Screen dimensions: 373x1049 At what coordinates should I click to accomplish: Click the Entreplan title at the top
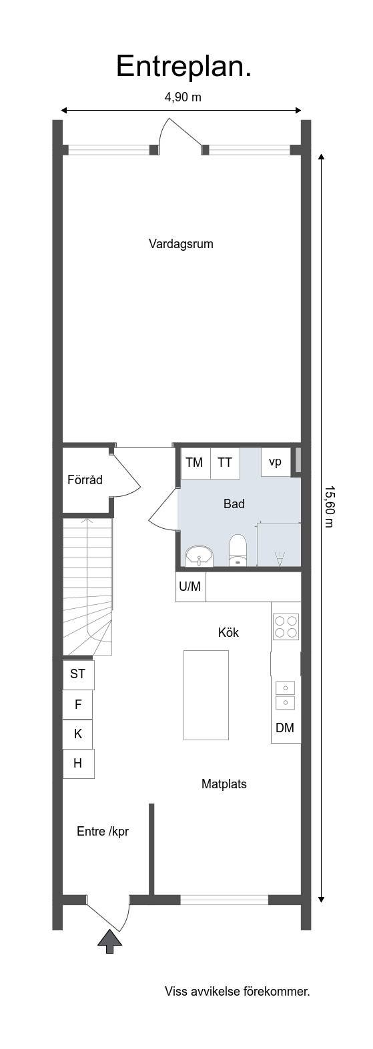tap(183, 67)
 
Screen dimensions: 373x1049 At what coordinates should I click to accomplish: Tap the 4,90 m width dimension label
tap(183, 97)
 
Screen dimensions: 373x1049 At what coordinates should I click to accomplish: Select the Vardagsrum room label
tap(181, 244)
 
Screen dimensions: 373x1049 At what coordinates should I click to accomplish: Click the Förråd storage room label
tap(85, 479)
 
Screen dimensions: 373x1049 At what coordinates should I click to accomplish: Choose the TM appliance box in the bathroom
tap(194, 463)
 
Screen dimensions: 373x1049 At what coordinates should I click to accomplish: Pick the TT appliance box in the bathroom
tap(225, 463)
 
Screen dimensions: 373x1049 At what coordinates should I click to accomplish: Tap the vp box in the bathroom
tap(276, 461)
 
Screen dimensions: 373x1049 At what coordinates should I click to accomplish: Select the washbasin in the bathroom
tap(199, 556)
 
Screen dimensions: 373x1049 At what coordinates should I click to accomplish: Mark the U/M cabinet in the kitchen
tap(190, 586)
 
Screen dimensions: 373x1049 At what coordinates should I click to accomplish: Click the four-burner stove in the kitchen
tap(286, 626)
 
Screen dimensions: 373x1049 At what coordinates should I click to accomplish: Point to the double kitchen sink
tap(286, 695)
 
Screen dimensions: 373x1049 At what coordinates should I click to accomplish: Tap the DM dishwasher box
tap(286, 728)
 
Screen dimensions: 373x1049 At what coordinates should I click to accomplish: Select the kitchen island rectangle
tap(206, 695)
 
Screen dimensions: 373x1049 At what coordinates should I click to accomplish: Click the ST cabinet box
tap(78, 674)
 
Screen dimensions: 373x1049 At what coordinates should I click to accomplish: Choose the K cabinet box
tap(78, 734)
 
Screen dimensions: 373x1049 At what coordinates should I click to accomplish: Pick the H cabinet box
tap(78, 764)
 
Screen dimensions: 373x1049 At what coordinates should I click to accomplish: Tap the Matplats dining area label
tap(224, 784)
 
